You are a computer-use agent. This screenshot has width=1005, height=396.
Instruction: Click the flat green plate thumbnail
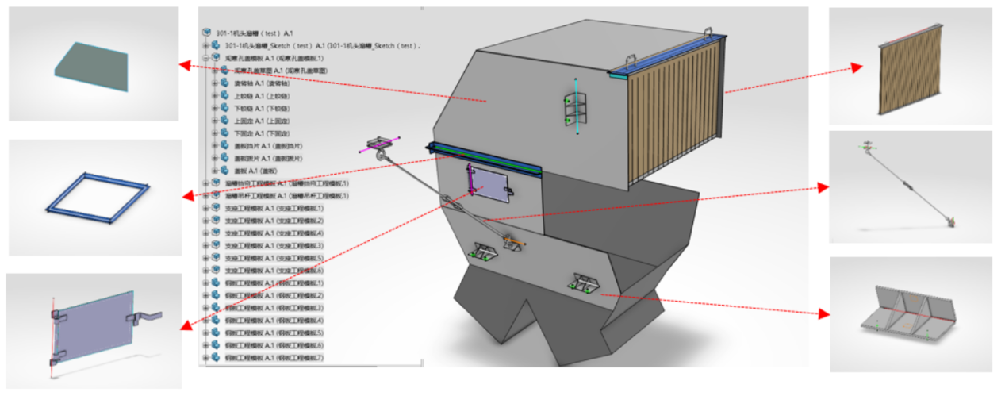(x=93, y=62)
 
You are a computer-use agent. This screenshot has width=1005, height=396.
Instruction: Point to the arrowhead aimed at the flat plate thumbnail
(x=184, y=63)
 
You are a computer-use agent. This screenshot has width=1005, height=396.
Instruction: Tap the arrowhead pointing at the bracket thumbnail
(x=823, y=313)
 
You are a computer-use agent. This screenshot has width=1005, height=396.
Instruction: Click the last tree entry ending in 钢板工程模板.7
(x=274, y=358)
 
